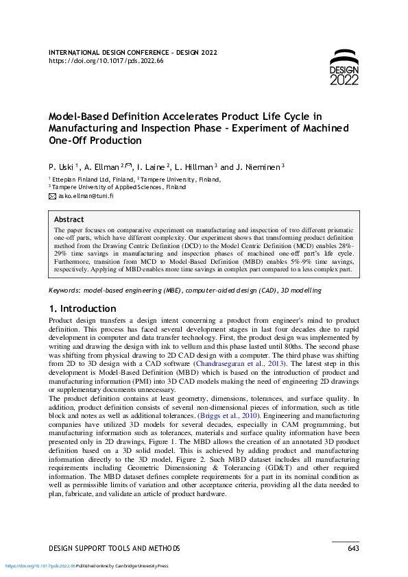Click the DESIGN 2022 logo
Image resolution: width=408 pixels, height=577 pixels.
click(x=344, y=68)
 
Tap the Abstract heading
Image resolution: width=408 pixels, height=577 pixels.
click(x=69, y=220)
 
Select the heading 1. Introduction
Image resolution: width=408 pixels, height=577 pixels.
click(x=83, y=308)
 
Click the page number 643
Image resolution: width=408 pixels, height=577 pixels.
click(x=353, y=548)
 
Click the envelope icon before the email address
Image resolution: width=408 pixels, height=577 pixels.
click(x=52, y=195)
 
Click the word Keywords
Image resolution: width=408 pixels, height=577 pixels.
click(x=66, y=291)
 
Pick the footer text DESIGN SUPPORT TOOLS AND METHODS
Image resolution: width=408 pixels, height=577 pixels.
click(x=115, y=548)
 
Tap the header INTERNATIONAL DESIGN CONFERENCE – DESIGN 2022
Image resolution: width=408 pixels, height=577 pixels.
click(x=134, y=52)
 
